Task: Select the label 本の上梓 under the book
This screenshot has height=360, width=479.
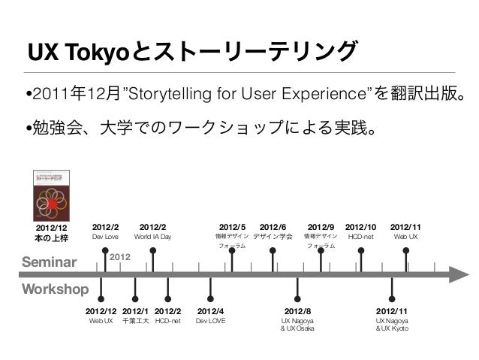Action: coord(51,237)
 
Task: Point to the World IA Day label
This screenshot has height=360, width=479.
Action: coord(152,237)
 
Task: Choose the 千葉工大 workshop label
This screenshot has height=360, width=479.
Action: coord(135,321)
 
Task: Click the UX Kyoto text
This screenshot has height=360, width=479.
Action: coord(392,329)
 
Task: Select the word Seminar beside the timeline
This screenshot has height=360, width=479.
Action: coord(50,262)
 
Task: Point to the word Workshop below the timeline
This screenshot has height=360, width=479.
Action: coord(55,289)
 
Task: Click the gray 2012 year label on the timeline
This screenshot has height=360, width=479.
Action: coord(121,257)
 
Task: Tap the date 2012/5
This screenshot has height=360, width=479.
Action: coord(231,227)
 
